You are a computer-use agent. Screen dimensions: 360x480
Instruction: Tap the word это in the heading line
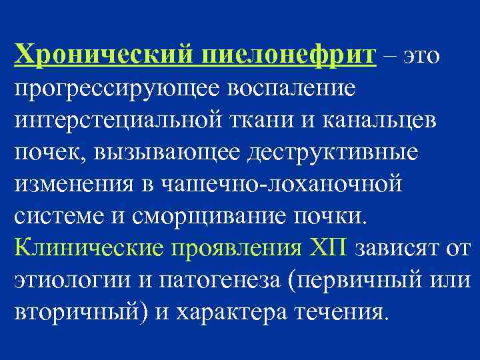coord(420,56)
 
